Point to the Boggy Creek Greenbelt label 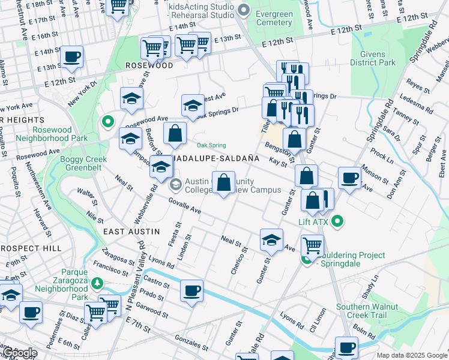(83, 164)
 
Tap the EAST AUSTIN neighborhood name (131, 231)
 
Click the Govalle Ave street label (185, 206)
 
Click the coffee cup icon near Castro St (191, 290)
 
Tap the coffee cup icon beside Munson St (350, 178)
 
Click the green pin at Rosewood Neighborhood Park (107, 122)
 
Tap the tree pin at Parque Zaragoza (96, 283)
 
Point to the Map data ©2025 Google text (412, 355)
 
